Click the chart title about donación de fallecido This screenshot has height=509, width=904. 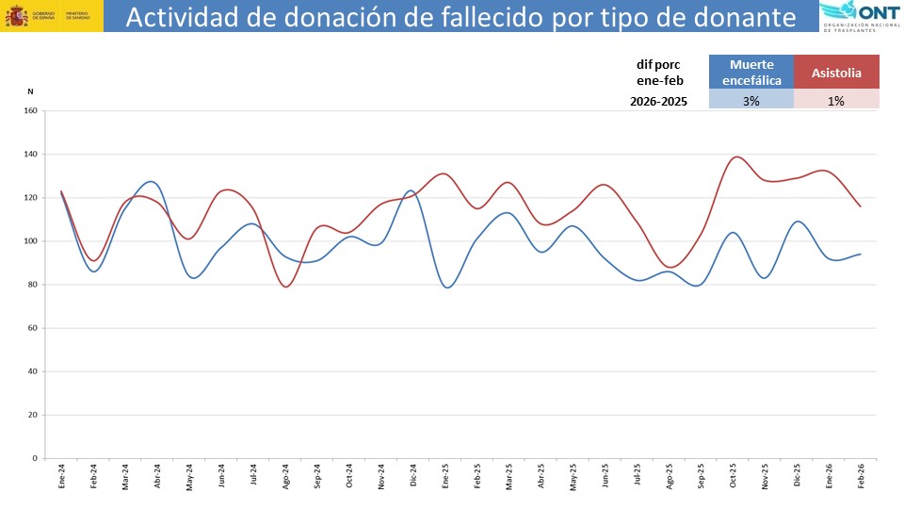point(460,17)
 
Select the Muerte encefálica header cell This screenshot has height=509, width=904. point(751,73)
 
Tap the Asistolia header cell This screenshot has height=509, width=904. point(836,73)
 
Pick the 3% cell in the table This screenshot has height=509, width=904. point(751,100)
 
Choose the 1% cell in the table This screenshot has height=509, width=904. point(836,100)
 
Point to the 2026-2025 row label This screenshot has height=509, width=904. point(658,100)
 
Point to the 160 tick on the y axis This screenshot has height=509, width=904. point(29,111)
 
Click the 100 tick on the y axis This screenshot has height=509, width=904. point(29,241)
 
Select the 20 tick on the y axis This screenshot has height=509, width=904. point(31,415)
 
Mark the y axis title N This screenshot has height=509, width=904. point(30,91)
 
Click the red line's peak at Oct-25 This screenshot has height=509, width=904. point(735,156)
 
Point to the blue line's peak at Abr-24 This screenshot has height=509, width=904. point(153,181)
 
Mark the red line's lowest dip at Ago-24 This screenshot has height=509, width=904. point(286,287)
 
